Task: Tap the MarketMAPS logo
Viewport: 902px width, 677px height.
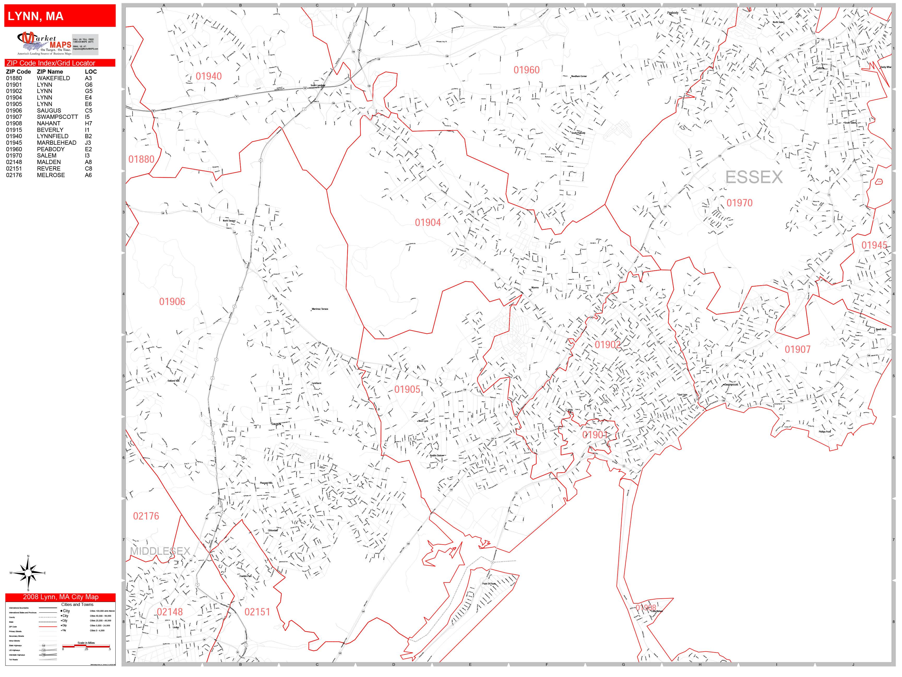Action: (x=44, y=44)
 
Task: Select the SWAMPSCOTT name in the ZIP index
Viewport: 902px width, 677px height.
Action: (x=57, y=117)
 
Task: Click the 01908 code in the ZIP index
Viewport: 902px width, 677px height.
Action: (x=14, y=123)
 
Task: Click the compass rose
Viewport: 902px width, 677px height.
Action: (x=28, y=573)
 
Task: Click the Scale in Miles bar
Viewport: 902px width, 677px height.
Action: (x=86, y=646)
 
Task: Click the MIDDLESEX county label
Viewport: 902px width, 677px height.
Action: (x=160, y=551)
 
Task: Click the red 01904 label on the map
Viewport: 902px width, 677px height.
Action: (x=428, y=223)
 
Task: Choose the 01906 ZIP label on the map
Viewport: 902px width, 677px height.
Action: (x=172, y=302)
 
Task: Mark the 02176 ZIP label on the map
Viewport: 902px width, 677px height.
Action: (x=146, y=516)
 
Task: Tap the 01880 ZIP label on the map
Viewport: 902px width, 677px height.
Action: (x=141, y=160)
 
